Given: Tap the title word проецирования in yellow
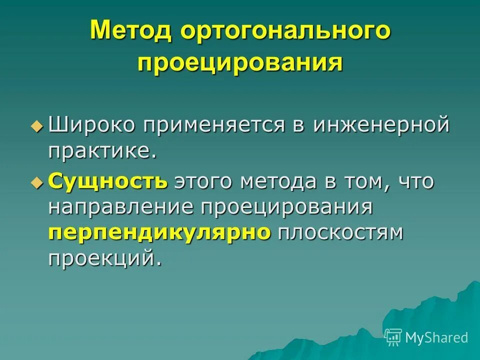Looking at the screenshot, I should [x=240, y=63].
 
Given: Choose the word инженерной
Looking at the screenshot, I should [x=381, y=124].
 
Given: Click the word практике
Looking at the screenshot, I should [x=102, y=151].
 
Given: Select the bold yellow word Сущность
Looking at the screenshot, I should [x=108, y=181].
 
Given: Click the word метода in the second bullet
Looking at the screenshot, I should [x=277, y=181].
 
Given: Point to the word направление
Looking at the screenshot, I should [x=122, y=206].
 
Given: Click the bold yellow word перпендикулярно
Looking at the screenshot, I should [x=159, y=233].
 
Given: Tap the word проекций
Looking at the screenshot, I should [x=105, y=259].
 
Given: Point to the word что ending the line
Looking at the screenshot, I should [x=416, y=181].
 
